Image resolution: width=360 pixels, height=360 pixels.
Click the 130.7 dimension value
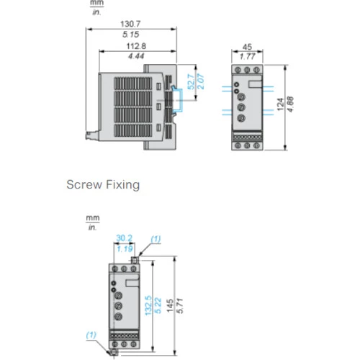coord(130,24)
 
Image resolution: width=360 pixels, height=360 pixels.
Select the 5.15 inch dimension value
coord(131,35)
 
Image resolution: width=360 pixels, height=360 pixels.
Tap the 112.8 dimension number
coord(136,46)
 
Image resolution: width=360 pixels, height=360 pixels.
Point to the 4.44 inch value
coord(136,56)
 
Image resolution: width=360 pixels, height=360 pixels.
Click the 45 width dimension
coord(247,47)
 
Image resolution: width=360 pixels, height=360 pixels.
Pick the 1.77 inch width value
coord(248,57)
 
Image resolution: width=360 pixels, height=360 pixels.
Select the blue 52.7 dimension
coord(191,82)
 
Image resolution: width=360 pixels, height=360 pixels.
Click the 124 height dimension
coord(280,104)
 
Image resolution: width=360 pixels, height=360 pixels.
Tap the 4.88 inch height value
coord(290,104)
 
